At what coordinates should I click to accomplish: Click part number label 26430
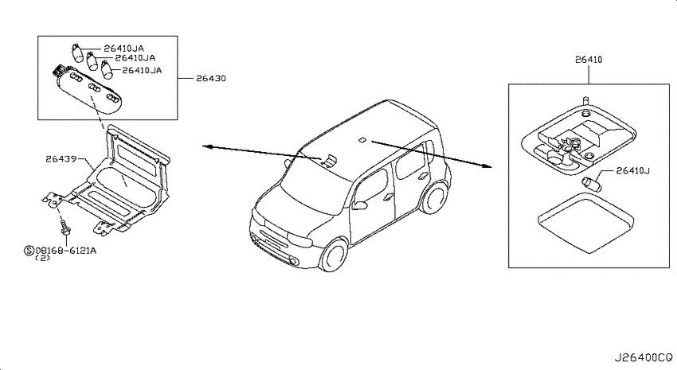click(211, 79)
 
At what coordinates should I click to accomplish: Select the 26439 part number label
click(61, 158)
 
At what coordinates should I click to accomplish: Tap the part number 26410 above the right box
click(589, 60)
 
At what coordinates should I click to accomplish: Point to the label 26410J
click(633, 171)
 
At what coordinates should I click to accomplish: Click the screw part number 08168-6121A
click(65, 250)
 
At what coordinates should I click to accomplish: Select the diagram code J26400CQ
click(644, 357)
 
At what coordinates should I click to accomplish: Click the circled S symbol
click(29, 250)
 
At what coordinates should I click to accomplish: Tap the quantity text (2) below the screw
click(42, 258)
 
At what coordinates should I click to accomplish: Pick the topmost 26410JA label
click(123, 49)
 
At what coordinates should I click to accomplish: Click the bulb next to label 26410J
click(591, 182)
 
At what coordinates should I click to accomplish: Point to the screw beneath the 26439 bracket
click(65, 228)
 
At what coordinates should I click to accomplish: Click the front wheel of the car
click(335, 255)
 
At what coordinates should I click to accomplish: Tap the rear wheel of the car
click(435, 198)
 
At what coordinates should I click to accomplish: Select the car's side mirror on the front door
click(360, 204)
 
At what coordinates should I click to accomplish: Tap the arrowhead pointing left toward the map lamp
click(207, 146)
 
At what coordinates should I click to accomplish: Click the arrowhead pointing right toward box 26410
click(487, 166)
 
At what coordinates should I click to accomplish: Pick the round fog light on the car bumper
click(295, 261)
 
